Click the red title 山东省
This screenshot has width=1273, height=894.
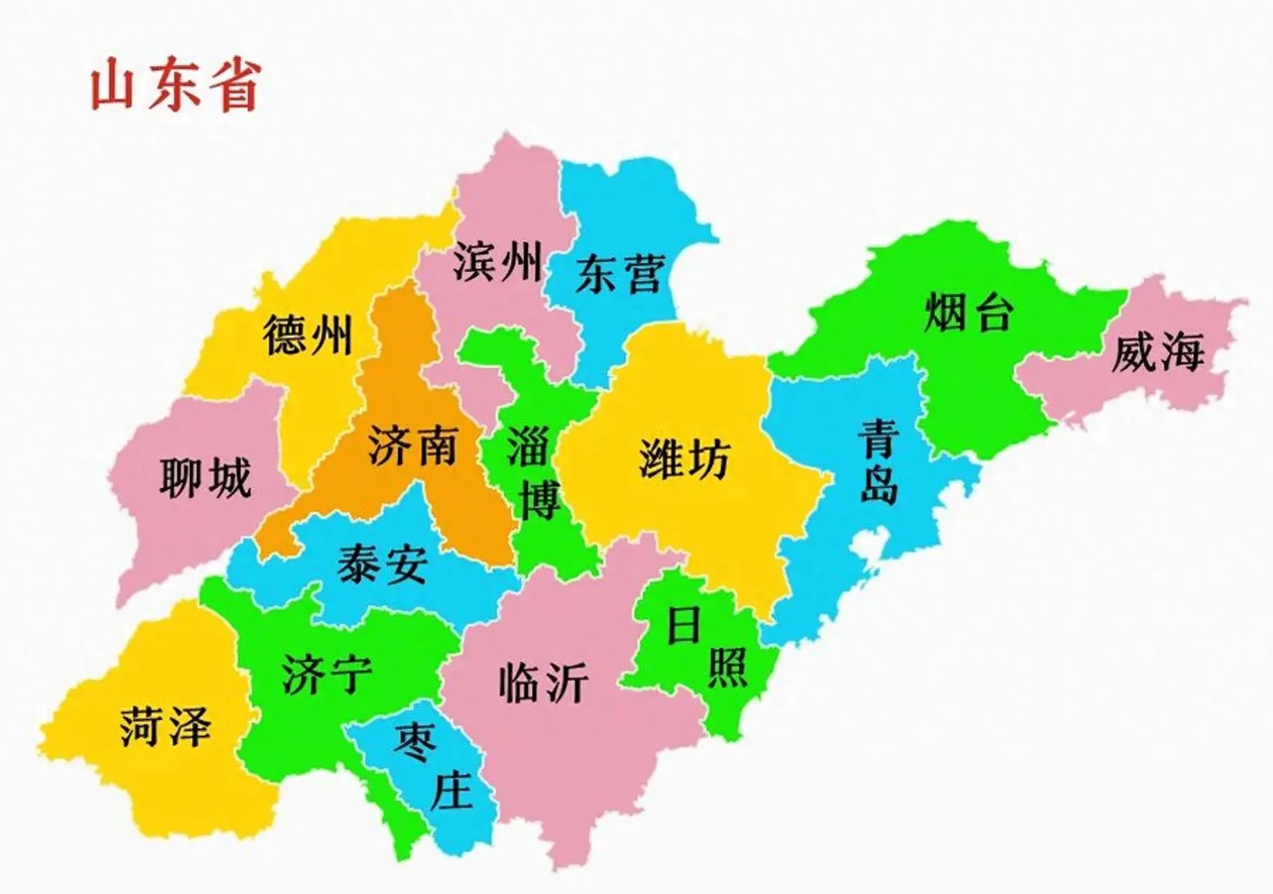pyautogui.click(x=175, y=86)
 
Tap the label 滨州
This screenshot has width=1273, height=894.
pyautogui.click(x=497, y=262)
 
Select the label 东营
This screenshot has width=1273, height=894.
pyautogui.click(x=618, y=274)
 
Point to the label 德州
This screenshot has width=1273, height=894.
pyautogui.click(x=308, y=335)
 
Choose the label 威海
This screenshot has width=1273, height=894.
pyautogui.click(x=1158, y=352)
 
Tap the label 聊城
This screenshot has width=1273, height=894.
pyautogui.click(x=205, y=478)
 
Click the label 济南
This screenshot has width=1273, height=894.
pyautogui.click(x=412, y=446)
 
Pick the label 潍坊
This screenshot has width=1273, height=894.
pyautogui.click(x=684, y=459)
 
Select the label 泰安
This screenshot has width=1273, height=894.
pyautogui.click(x=382, y=564)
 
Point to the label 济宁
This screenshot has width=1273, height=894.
pyautogui.click(x=327, y=675)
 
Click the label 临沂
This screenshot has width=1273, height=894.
pyautogui.click(x=543, y=682)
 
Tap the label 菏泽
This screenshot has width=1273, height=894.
pyautogui.click(x=165, y=726)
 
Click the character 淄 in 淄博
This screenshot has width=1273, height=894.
pyautogui.click(x=528, y=446)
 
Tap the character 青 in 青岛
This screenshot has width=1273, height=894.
pyautogui.click(x=879, y=439)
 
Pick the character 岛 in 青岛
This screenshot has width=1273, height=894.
pyautogui.click(x=879, y=484)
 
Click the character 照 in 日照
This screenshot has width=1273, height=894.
pyautogui.click(x=728, y=667)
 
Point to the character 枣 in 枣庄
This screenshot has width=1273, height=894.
pyautogui.click(x=415, y=741)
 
